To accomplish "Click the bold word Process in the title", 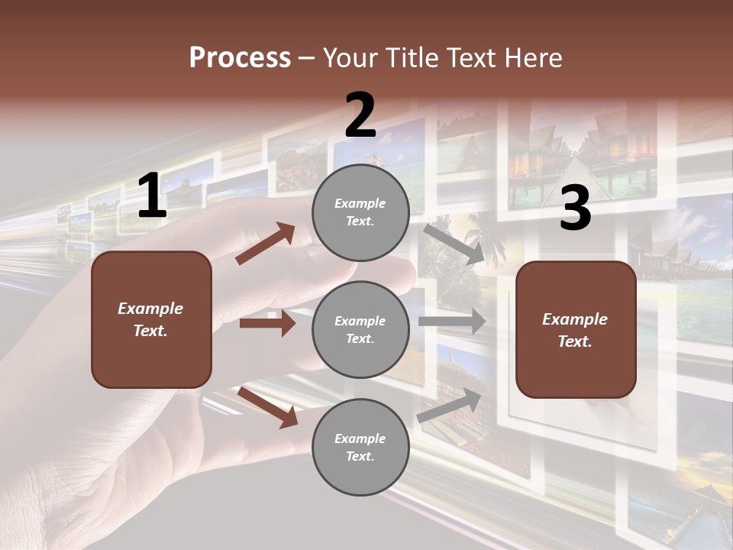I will tap(240, 57).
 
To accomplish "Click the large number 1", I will tap(152, 197).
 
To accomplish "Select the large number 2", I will tap(360, 115).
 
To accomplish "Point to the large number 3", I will tap(575, 209).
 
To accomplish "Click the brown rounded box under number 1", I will tap(151, 319).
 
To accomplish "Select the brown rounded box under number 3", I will tap(576, 330).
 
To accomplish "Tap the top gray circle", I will tap(360, 212).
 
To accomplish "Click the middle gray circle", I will tap(360, 329).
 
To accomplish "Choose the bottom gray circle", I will tap(360, 447).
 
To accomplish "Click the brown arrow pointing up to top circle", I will tap(266, 244).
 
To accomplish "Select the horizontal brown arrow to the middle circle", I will tap(267, 323).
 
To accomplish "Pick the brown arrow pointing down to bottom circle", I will tap(268, 407).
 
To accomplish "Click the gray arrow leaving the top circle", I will tap(454, 243).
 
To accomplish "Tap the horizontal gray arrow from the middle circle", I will tap(452, 322).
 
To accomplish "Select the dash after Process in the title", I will tap(307, 58).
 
